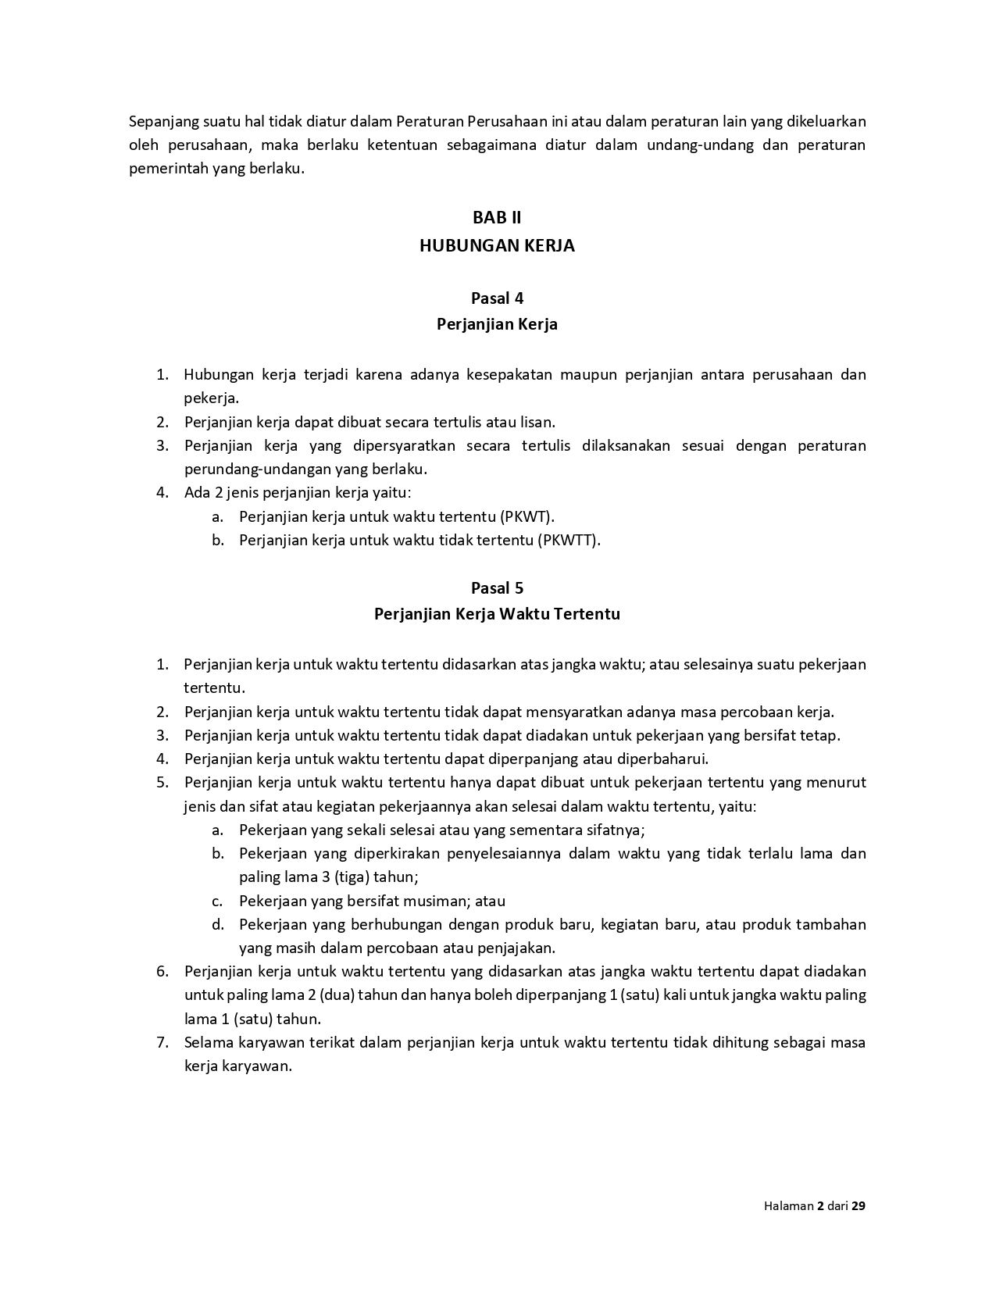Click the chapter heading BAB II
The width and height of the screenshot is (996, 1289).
click(497, 217)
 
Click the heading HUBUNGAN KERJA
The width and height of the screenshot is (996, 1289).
click(497, 245)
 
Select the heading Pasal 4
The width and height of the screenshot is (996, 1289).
click(497, 298)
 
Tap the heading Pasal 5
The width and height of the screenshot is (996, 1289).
click(497, 588)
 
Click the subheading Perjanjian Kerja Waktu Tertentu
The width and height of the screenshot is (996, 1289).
click(497, 614)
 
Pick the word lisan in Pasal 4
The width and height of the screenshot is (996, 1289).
click(537, 422)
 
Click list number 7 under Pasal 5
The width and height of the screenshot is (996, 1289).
click(162, 1042)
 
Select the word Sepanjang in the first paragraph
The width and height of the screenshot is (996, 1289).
click(163, 121)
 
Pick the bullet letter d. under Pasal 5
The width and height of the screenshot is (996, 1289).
click(218, 924)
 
